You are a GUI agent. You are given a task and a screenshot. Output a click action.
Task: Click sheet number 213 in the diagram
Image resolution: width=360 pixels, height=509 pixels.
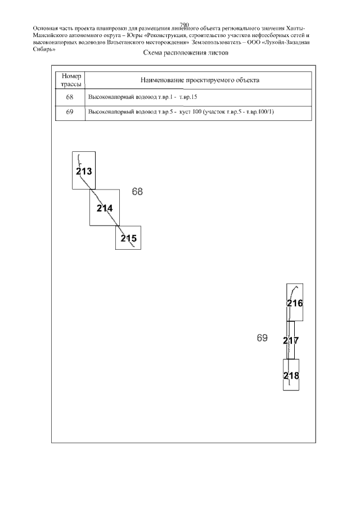[84, 171]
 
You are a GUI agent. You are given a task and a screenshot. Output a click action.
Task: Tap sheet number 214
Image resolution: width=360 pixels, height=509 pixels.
[105, 208]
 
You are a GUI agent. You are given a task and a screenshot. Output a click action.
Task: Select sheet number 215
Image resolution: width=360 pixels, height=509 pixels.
[129, 238]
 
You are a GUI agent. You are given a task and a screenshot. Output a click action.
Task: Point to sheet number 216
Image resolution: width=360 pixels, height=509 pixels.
[295, 303]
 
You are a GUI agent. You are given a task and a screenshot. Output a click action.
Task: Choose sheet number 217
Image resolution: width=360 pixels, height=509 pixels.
[291, 340]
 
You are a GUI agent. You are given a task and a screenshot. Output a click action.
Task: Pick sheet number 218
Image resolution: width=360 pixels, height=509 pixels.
[291, 376]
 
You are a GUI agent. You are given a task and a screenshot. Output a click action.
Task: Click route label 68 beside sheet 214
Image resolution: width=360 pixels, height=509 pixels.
[137, 192]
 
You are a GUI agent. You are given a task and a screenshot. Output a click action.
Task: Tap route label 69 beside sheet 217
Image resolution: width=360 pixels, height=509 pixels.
[262, 338]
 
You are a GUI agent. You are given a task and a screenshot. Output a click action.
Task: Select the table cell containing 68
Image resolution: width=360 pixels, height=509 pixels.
[70, 97]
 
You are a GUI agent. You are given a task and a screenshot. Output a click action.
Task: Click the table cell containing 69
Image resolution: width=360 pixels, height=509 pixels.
[70, 112]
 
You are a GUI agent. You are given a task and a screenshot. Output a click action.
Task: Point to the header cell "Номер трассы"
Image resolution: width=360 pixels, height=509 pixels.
[71, 80]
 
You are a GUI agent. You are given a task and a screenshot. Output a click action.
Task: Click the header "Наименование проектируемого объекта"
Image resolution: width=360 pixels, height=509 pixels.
[200, 80]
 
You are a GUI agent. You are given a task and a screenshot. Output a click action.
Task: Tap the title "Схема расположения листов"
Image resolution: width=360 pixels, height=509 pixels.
[186, 53]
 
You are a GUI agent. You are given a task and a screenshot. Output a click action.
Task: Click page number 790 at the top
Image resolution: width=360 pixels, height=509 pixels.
[184, 25]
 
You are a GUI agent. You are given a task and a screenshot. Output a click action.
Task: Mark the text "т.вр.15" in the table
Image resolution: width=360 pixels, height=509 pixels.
[188, 97]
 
